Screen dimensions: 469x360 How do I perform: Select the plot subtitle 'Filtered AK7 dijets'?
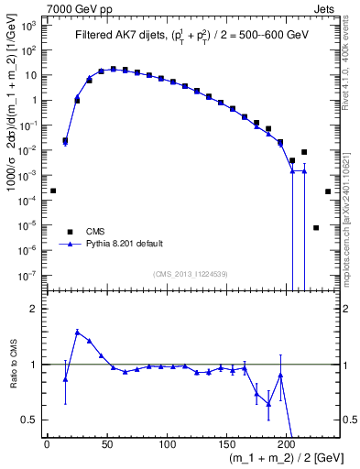(120, 37)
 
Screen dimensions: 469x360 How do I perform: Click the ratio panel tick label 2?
(33, 309)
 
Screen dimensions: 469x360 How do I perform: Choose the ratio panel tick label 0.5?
(30, 420)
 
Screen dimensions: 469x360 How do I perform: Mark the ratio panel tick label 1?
(33, 365)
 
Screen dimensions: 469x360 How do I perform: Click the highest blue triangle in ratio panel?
(77, 332)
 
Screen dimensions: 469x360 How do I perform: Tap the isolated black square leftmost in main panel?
(53, 191)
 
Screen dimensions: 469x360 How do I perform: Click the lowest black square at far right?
(316, 228)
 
